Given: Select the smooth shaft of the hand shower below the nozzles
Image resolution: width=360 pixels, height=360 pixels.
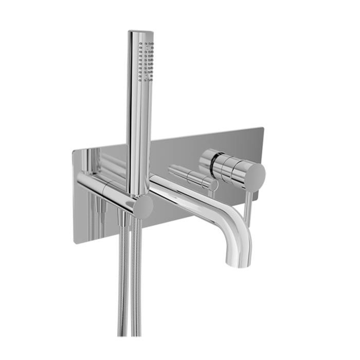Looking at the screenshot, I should click(x=139, y=137).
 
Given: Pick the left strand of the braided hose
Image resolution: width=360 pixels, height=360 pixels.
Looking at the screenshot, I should click(x=123, y=288).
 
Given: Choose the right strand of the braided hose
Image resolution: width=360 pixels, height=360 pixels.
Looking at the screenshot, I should click(x=135, y=288).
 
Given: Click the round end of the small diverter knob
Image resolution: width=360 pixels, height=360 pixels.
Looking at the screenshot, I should click(x=213, y=184).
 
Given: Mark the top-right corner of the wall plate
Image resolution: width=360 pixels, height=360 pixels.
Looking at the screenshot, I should click(x=263, y=127).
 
